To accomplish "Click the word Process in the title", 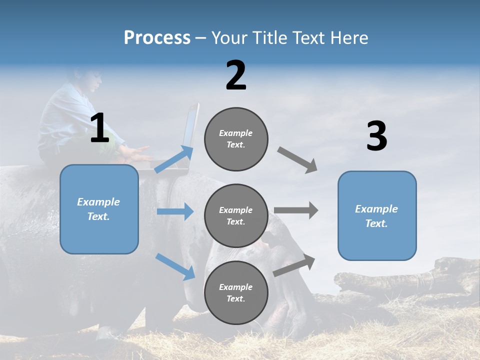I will [157, 38].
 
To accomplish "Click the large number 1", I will [99, 128].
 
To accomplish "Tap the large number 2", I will [236, 75].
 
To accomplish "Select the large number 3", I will [376, 136].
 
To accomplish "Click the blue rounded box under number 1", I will [99, 209].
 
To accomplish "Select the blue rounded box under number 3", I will [377, 216].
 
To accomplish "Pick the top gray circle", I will [236, 139].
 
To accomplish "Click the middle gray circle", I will [236, 215].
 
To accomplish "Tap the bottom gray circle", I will [236, 292].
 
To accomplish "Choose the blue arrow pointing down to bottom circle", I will [175, 266].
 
